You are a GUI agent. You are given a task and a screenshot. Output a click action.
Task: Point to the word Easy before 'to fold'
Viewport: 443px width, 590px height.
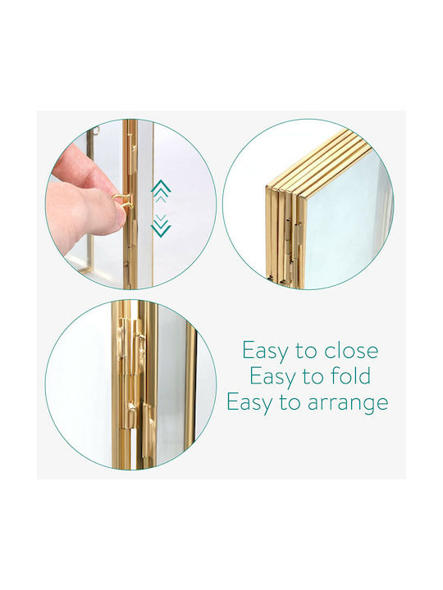tap(272, 378)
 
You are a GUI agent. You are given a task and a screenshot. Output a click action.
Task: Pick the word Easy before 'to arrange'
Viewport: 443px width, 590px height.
tap(249, 403)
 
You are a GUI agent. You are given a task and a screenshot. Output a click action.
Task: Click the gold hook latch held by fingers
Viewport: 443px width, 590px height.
tap(121, 199)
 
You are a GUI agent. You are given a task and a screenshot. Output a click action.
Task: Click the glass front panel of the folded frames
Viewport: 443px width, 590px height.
tap(343, 222)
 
